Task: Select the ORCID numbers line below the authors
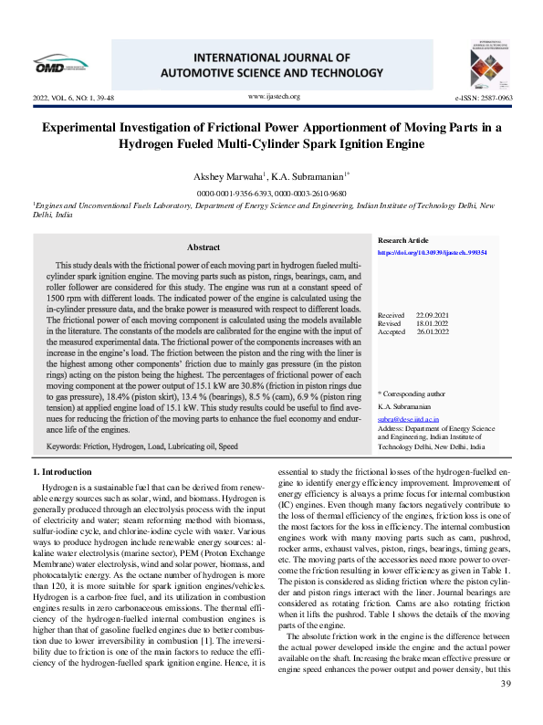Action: pos(271,194)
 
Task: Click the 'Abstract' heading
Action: pos(203,247)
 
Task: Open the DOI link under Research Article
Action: pos(432,252)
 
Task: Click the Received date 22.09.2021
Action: pos(432,314)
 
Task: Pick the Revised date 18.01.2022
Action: pos(432,323)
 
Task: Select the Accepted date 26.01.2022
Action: pos(432,332)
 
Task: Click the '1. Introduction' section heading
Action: pos(62,471)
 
